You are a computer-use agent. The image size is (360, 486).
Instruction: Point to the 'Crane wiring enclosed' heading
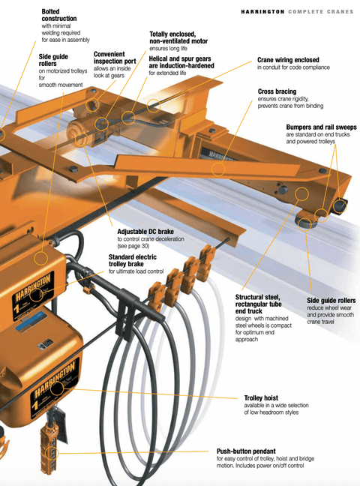(x=288, y=59)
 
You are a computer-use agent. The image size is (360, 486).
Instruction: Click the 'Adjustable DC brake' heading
(x=145, y=231)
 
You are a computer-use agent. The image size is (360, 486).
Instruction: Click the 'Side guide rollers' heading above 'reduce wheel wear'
(x=331, y=300)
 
